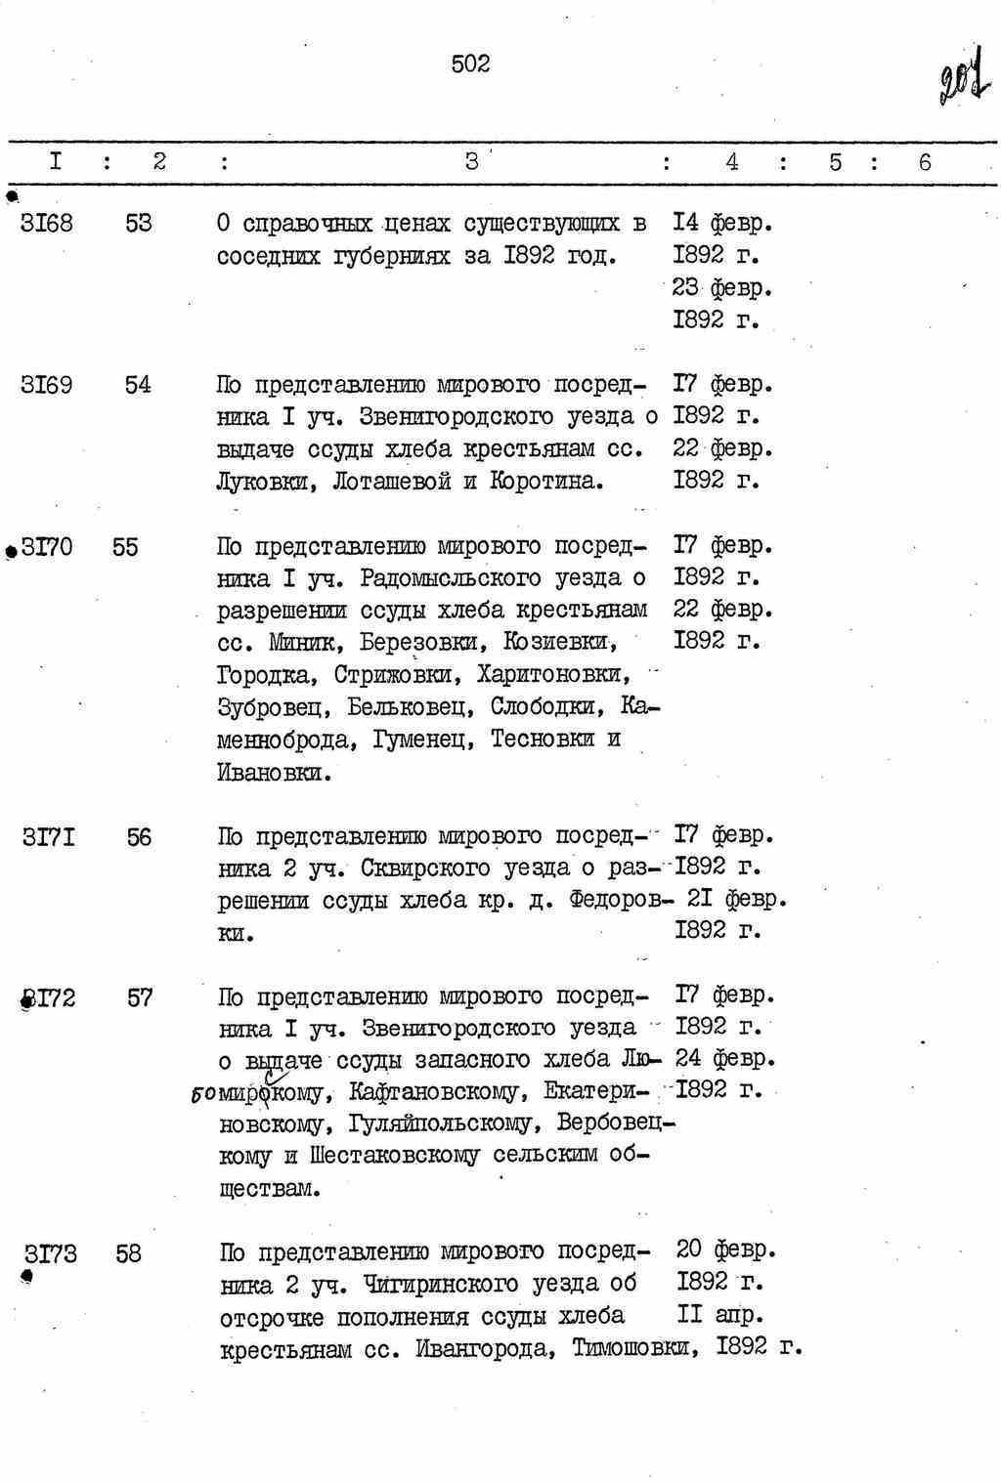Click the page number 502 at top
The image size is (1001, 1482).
[470, 64]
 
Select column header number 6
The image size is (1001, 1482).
[925, 162]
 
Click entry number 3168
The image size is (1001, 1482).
[46, 224]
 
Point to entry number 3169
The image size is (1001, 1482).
[46, 385]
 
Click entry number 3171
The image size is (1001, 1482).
[49, 837]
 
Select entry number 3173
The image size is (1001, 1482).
[51, 1253]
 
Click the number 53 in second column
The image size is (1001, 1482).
[139, 224]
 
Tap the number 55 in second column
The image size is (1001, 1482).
[125, 547]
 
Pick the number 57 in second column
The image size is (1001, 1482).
[140, 998]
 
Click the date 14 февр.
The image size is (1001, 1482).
[723, 224]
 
